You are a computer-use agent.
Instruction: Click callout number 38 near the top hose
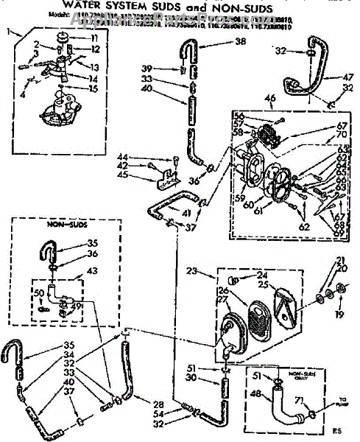click(x=240, y=42)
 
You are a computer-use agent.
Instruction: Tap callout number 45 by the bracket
click(x=143, y=175)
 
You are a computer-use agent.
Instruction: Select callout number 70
click(x=342, y=136)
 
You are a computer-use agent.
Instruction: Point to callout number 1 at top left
click(x=9, y=31)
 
